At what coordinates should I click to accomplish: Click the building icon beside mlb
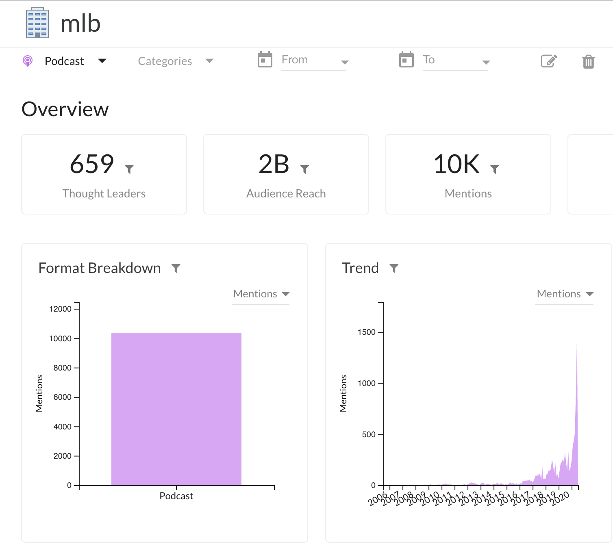click(x=37, y=23)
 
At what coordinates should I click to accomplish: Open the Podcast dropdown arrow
click(x=102, y=61)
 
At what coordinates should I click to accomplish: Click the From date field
click(x=313, y=60)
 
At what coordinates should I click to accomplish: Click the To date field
click(x=454, y=60)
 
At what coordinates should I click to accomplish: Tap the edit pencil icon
click(x=549, y=61)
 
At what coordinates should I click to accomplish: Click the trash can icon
click(x=588, y=61)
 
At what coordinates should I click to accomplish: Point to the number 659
click(x=92, y=164)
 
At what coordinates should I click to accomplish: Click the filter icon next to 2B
click(x=304, y=169)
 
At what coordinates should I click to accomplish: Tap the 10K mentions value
click(x=456, y=164)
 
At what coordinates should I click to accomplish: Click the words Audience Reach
click(x=286, y=193)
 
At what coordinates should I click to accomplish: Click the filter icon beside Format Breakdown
click(x=176, y=268)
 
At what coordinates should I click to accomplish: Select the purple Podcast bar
click(x=176, y=409)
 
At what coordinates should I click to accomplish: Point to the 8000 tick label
click(x=62, y=368)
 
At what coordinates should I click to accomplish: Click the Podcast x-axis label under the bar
click(x=176, y=496)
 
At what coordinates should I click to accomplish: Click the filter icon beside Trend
click(x=394, y=268)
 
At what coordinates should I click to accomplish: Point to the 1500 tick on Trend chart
click(x=367, y=332)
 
